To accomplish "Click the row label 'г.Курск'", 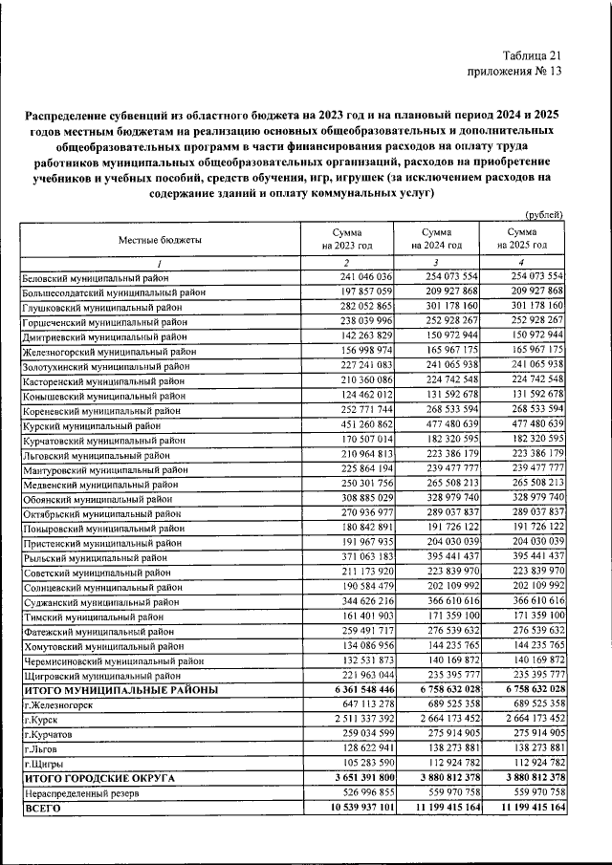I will [x=45, y=717].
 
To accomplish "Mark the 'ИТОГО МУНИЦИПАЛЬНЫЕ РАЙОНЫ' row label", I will [x=120, y=689].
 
